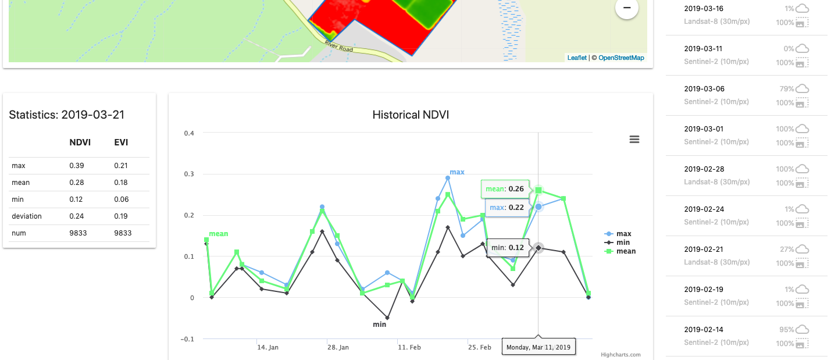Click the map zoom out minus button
(627, 8)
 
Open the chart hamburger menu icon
(634, 139)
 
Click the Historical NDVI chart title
(411, 115)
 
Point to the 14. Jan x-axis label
(268, 347)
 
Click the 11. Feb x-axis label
(409, 347)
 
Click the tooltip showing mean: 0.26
(505, 189)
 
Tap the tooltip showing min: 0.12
(508, 248)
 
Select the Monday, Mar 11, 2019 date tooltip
(538, 347)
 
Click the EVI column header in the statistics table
(121, 142)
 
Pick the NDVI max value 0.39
(76, 166)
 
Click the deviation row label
(27, 216)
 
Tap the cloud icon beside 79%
(803, 89)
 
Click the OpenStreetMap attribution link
(621, 58)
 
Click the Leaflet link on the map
(577, 58)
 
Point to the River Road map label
(339, 47)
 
